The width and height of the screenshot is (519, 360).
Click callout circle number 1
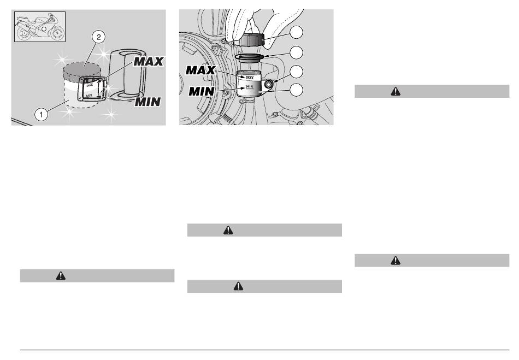[41, 115]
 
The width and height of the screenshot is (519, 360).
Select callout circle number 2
[99, 37]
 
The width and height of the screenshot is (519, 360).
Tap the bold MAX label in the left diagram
[148, 62]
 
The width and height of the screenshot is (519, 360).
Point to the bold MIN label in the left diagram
[148, 102]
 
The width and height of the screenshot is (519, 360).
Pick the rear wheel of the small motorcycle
[23, 34]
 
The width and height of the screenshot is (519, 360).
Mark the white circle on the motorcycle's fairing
[43, 29]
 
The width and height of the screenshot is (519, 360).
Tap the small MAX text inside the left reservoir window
[90, 85]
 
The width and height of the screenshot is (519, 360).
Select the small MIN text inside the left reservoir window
[89, 96]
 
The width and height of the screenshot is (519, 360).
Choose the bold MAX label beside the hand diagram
[200, 70]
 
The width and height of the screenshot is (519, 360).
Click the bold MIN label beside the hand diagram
[201, 91]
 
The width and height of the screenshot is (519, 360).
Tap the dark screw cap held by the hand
[249, 40]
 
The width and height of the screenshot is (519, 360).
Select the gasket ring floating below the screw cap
[249, 58]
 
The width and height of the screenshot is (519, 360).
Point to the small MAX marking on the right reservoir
[250, 78]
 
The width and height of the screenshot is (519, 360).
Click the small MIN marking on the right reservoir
[249, 86]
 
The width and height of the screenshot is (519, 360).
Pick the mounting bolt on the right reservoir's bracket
[268, 85]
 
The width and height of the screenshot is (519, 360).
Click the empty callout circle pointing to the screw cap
[296, 32]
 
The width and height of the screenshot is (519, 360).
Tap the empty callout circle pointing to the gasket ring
[296, 52]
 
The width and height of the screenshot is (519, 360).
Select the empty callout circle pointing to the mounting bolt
[296, 72]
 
